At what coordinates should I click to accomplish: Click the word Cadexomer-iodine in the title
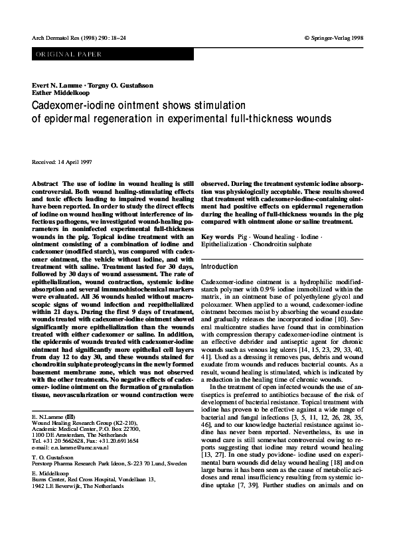point(69,105)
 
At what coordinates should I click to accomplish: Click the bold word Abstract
point(44,182)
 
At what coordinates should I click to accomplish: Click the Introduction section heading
point(219,267)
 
